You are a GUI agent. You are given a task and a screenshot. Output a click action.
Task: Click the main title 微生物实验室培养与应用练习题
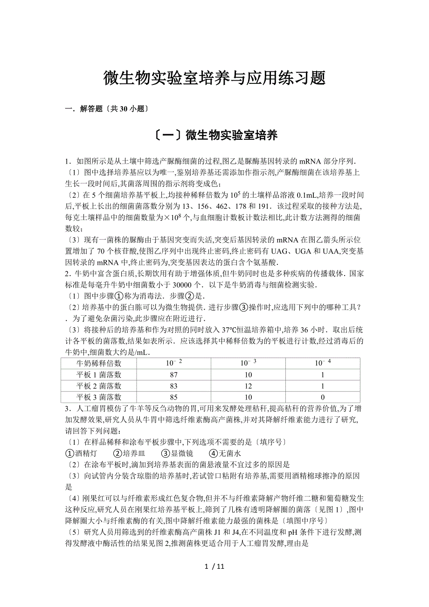[x=214, y=78]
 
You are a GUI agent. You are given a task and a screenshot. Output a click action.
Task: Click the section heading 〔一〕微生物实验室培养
[x=214, y=136]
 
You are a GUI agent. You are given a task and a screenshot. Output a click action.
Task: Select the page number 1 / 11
[x=214, y=566]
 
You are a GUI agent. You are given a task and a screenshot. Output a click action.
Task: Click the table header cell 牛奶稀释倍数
[x=98, y=363]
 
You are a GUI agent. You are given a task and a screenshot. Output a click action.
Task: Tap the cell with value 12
[x=248, y=386]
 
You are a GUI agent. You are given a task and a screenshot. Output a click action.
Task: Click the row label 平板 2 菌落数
[x=98, y=386]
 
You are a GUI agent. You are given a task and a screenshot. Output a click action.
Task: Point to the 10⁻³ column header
[x=248, y=363]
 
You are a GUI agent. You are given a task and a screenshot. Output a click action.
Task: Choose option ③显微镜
[x=177, y=453]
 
